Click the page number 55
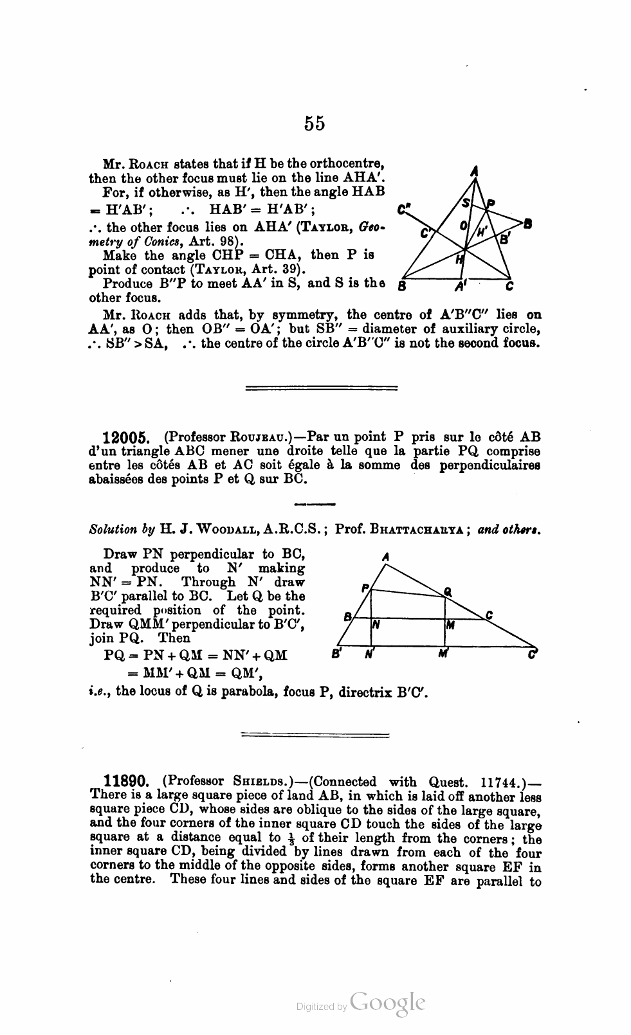(x=315, y=123)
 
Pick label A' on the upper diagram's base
(x=460, y=287)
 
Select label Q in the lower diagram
(x=448, y=592)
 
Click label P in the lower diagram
(x=365, y=588)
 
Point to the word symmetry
(x=311, y=315)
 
